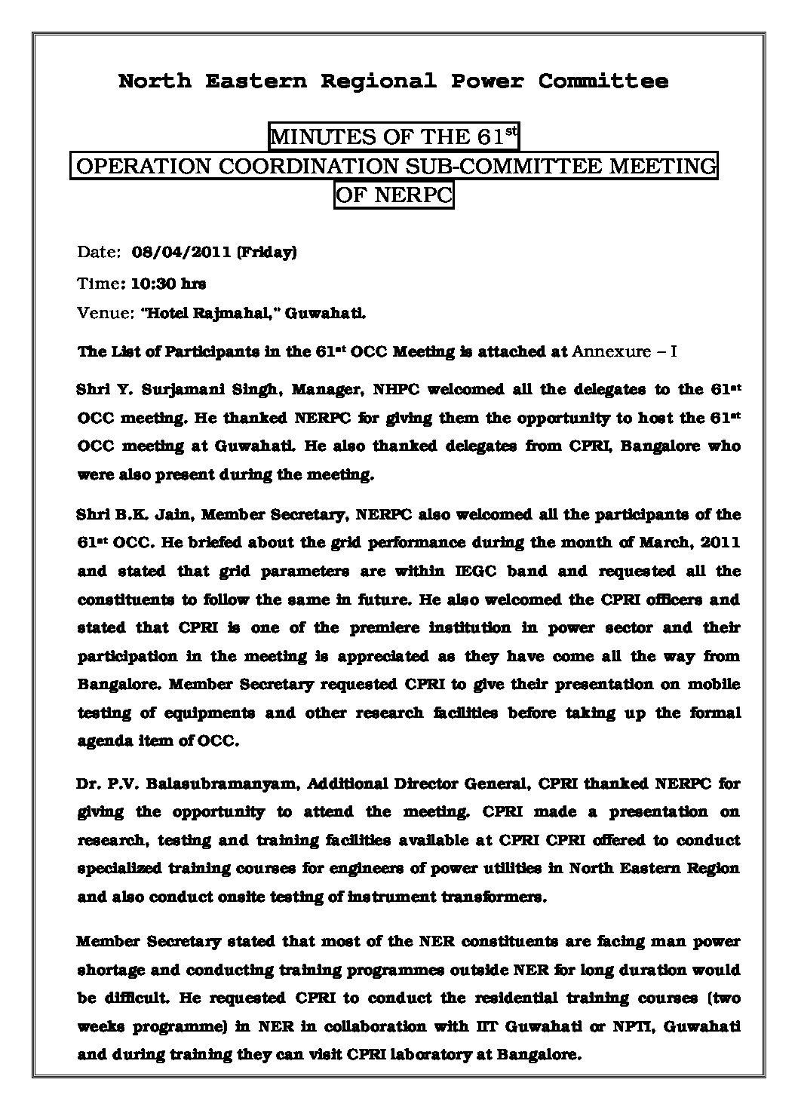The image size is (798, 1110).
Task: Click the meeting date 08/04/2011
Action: [x=180, y=253]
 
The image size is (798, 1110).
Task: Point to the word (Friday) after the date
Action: [x=266, y=253]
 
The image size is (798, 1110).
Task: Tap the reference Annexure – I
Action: [x=626, y=351]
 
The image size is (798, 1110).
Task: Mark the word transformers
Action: [x=493, y=897]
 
